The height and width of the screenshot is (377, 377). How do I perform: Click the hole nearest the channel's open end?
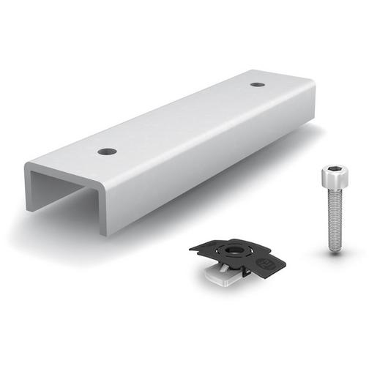click(108, 152)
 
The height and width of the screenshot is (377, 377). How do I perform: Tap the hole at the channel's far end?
click(258, 84)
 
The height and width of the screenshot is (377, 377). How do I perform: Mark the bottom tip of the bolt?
click(335, 250)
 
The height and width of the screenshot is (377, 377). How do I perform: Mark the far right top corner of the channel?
click(313, 82)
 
